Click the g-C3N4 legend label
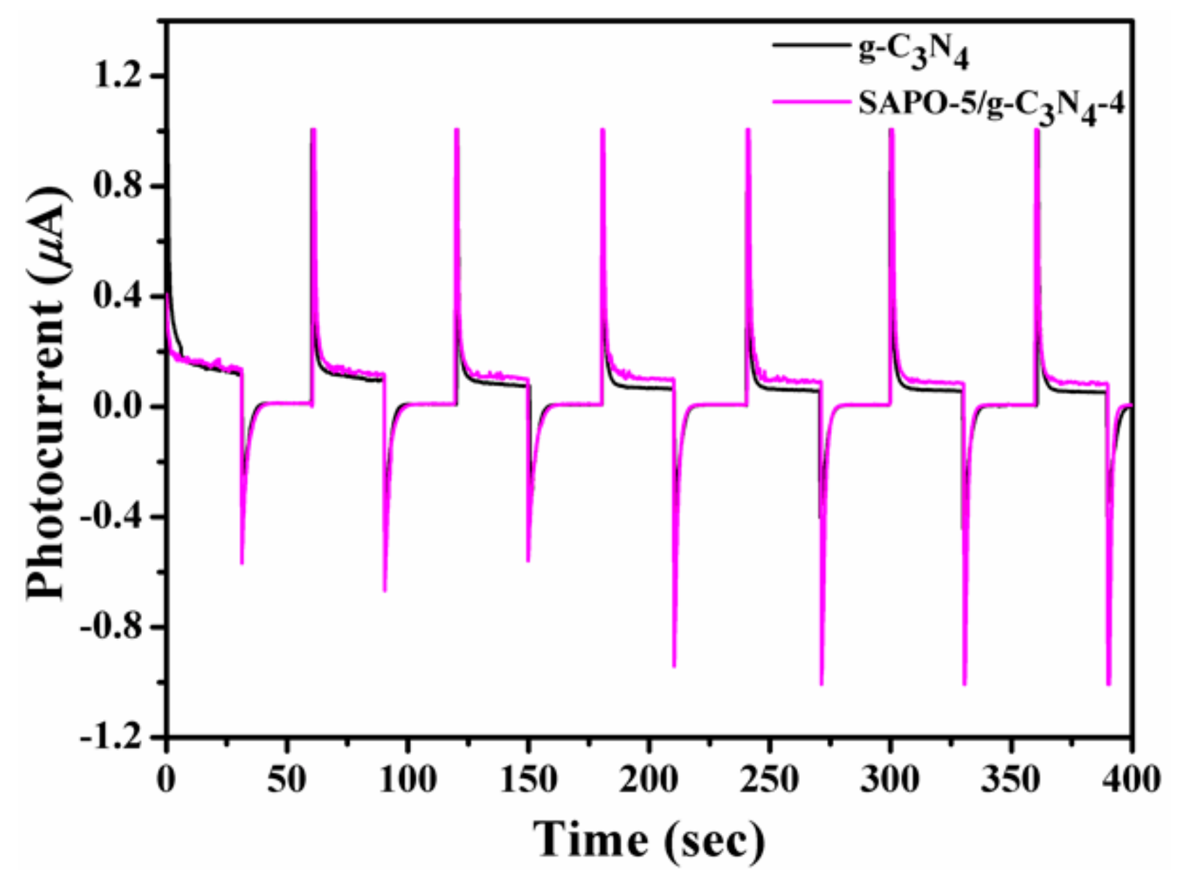click(913, 52)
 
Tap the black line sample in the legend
click(810, 45)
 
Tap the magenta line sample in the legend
click(810, 102)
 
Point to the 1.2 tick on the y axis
click(124, 76)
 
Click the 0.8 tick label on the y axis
click(124, 186)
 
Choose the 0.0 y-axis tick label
click(124, 407)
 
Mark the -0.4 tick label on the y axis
click(117, 517)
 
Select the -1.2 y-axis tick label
click(117, 736)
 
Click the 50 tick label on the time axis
click(286, 779)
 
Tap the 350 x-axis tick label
click(1011, 779)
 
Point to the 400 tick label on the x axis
click(1132, 779)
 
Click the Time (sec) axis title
click(648, 840)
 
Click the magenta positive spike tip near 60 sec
click(313, 130)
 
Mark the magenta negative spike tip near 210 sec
click(674, 666)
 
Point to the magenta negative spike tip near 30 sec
click(241, 563)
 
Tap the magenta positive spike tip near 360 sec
click(1037, 130)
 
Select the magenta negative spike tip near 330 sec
click(964, 684)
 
